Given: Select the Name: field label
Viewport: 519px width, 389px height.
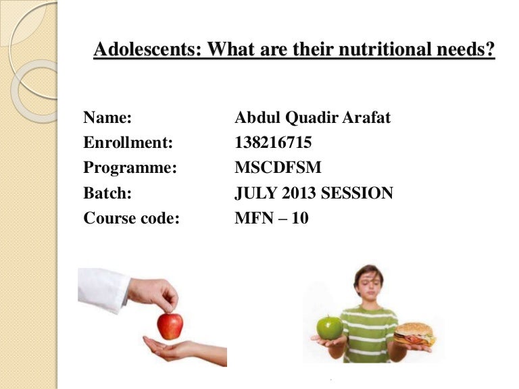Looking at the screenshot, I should pyautogui.click(x=107, y=118).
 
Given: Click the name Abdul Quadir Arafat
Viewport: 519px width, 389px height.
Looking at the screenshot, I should pyautogui.click(x=312, y=118).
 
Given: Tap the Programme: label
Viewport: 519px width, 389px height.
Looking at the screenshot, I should pyautogui.click(x=130, y=168).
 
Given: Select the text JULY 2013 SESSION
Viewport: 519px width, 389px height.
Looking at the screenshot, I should pyautogui.click(x=314, y=194).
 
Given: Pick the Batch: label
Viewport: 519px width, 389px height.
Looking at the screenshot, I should pyautogui.click(x=107, y=194).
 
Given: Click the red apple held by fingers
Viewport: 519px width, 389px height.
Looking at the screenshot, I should pyautogui.click(x=170, y=325).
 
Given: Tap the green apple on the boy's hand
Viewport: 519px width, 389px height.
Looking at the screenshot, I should pyautogui.click(x=330, y=328).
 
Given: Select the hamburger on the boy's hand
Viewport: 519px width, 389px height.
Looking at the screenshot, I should pyautogui.click(x=414, y=334).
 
